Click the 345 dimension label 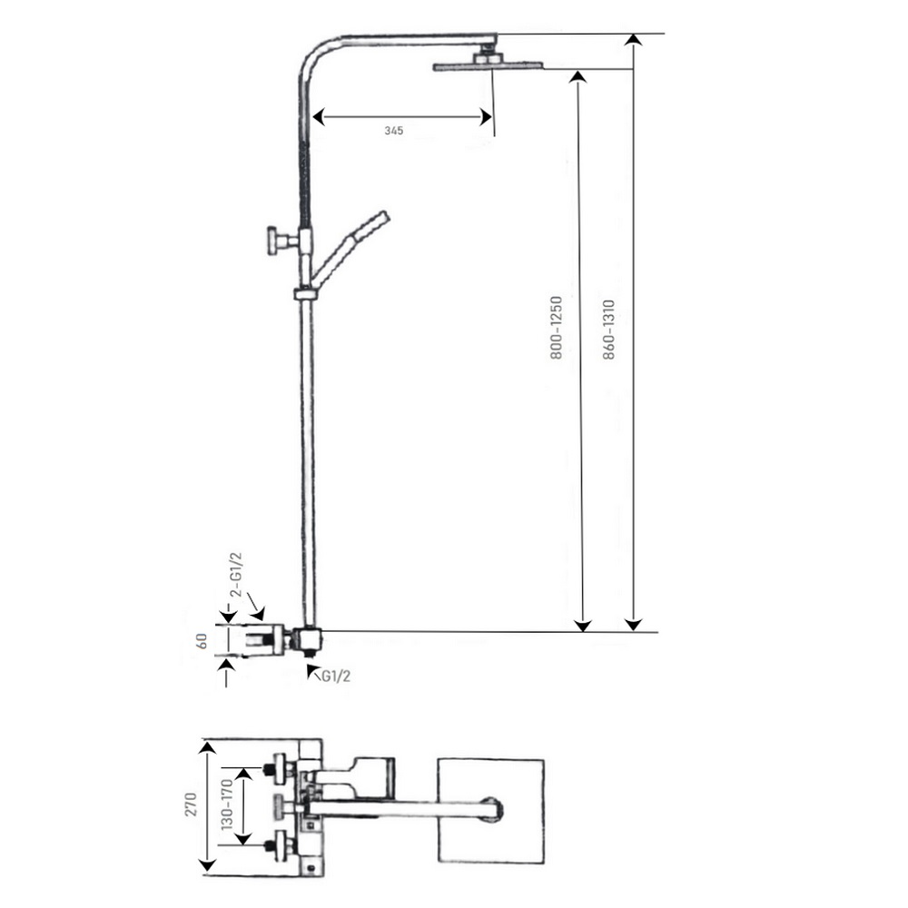[x=394, y=130]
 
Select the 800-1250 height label [x=556, y=328]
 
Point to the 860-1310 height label [x=608, y=330]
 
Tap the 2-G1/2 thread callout [x=236, y=575]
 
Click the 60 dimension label [x=202, y=641]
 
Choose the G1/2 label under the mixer [x=336, y=676]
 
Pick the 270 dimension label [x=191, y=804]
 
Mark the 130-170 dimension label [x=227, y=804]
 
